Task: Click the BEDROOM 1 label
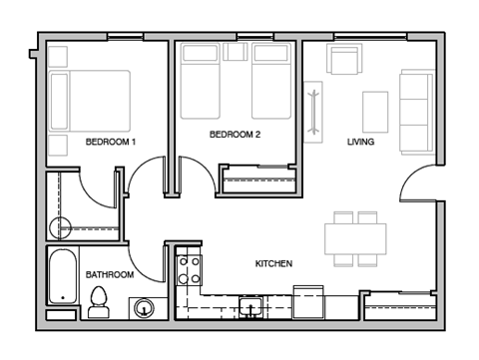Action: click(110, 143)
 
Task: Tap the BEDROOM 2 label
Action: click(235, 135)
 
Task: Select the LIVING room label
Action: click(360, 143)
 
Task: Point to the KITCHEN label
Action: click(272, 264)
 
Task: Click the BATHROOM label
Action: click(109, 274)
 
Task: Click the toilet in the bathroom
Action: click(98, 301)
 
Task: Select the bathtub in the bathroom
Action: click(62, 278)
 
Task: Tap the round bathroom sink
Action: click(145, 309)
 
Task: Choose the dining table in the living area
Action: click(355, 238)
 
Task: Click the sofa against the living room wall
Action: click(413, 108)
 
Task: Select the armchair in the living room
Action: click(343, 63)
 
